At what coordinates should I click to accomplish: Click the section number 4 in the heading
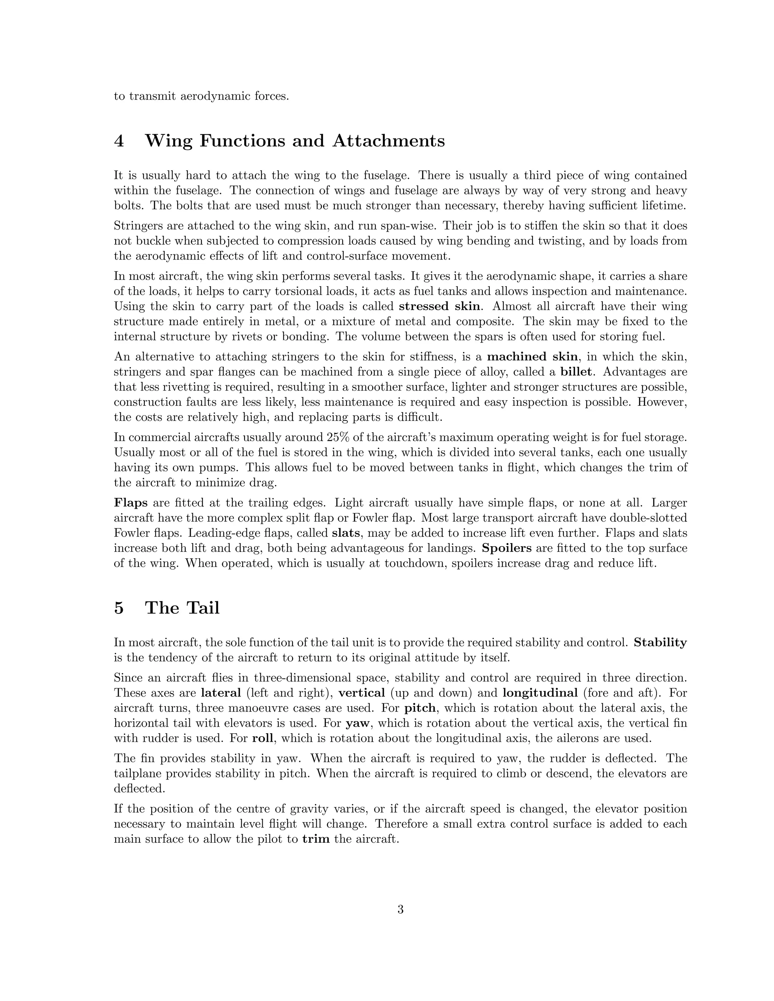click(119, 141)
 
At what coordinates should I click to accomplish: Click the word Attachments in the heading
click(389, 141)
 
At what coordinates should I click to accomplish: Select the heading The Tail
click(182, 608)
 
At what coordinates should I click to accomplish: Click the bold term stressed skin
click(439, 306)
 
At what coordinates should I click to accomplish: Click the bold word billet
click(576, 372)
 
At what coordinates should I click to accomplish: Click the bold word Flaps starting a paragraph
click(131, 503)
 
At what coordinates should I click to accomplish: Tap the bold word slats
click(346, 533)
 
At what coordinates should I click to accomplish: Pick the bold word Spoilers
click(507, 548)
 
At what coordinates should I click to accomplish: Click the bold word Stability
click(660, 643)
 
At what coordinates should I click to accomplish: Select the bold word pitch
click(419, 708)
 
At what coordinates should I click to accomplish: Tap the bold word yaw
click(357, 723)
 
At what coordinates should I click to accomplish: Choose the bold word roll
click(263, 738)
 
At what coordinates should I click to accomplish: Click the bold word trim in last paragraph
click(316, 840)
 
